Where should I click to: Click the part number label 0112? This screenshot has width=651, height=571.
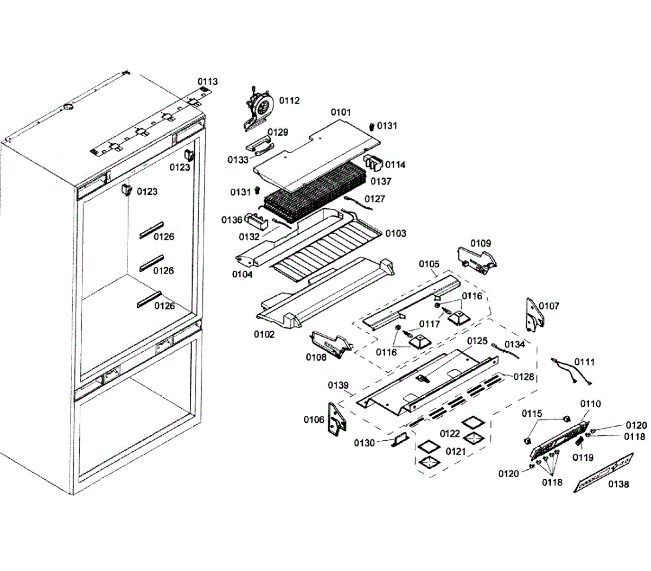(x=289, y=100)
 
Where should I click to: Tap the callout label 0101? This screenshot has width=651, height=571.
(x=341, y=112)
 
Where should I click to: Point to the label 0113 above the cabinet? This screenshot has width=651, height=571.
(x=207, y=82)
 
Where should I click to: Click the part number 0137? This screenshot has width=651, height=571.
(x=381, y=181)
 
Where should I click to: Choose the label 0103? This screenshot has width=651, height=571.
(x=395, y=233)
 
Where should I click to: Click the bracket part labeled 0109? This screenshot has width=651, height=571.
(x=476, y=258)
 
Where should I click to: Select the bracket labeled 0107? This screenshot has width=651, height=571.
(x=534, y=315)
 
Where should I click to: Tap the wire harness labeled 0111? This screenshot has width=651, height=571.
(x=566, y=372)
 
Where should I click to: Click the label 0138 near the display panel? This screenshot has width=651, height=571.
(x=618, y=484)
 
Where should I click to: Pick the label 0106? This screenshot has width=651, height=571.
(x=314, y=420)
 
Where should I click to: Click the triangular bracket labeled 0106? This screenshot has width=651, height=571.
(x=336, y=418)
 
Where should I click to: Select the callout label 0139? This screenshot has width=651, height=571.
(x=338, y=385)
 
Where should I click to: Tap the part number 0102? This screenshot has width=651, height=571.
(x=264, y=334)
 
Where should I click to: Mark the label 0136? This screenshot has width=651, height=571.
(x=232, y=220)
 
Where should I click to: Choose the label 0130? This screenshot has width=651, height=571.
(x=365, y=443)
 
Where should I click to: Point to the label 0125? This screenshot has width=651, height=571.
(x=477, y=341)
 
